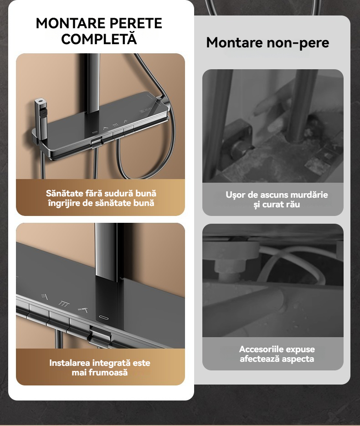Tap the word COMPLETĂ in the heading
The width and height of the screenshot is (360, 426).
(x=99, y=38)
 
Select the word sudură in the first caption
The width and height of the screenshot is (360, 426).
(x=119, y=193)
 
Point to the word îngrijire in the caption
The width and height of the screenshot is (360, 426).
(x=64, y=203)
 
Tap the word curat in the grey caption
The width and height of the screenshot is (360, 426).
(x=273, y=204)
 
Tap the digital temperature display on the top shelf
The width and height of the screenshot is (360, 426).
(x=146, y=110)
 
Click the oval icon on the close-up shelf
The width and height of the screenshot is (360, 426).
(x=103, y=318)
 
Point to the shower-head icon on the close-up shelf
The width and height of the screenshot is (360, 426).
(x=83, y=309)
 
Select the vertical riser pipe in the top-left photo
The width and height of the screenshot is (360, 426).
(x=93, y=84)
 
